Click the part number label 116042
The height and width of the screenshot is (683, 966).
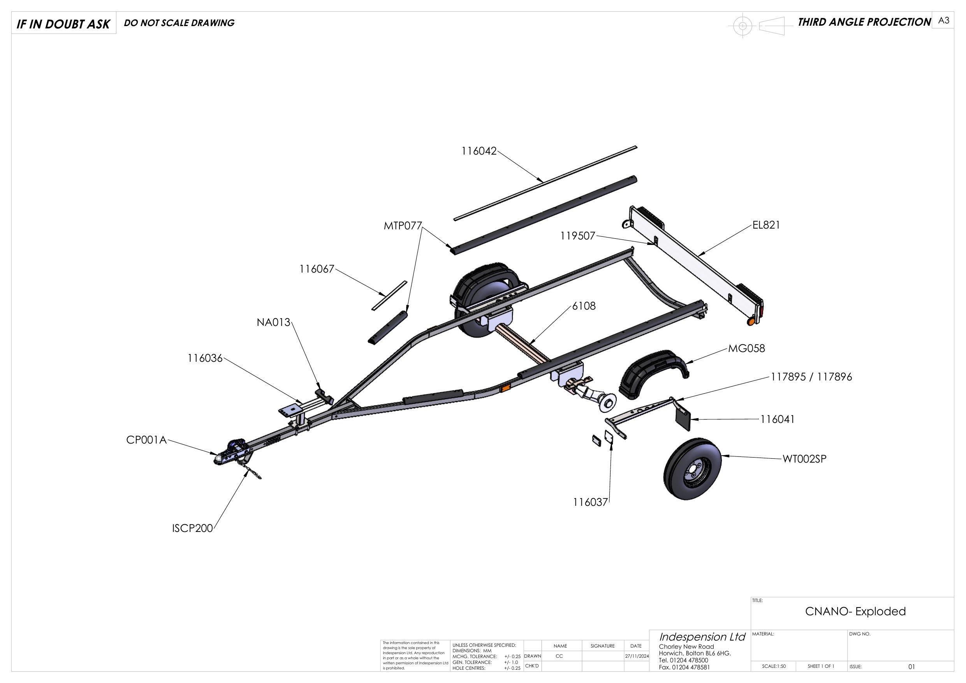(x=479, y=151)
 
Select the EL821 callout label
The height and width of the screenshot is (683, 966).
(x=766, y=225)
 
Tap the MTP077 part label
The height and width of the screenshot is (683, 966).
(x=402, y=226)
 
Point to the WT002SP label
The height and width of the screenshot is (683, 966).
(x=804, y=459)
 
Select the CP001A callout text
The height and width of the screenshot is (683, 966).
(x=146, y=440)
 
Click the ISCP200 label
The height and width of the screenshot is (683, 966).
(x=192, y=528)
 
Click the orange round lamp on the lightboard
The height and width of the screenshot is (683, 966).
(x=750, y=322)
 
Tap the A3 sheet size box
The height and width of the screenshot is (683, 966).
(x=944, y=20)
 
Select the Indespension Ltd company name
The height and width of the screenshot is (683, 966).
(x=702, y=637)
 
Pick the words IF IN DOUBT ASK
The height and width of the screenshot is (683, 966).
(x=63, y=24)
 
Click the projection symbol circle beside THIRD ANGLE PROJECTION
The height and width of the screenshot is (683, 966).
(x=743, y=26)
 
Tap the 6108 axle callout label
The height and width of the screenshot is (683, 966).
(x=584, y=306)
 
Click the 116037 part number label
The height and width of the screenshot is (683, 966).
(x=590, y=502)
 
